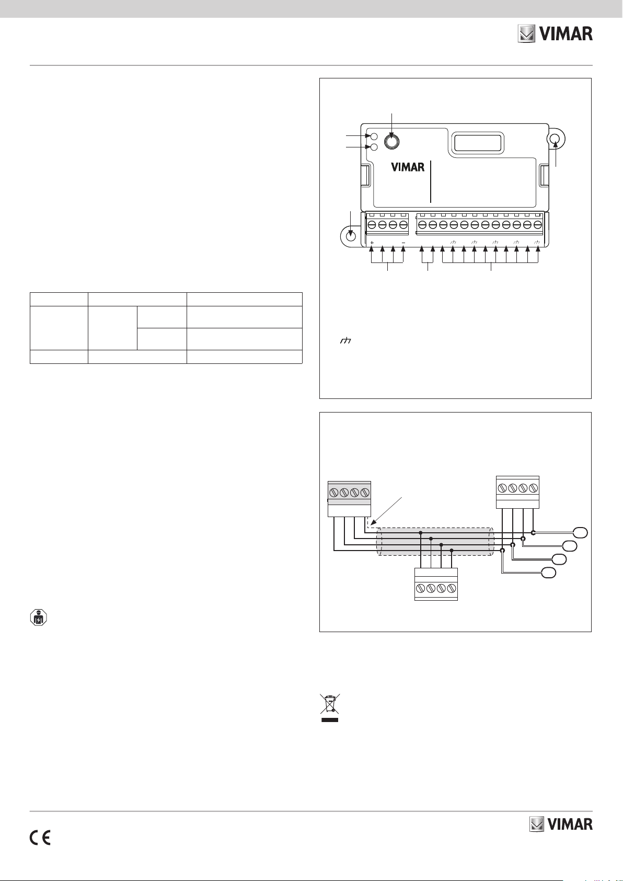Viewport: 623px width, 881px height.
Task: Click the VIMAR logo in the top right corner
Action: [x=555, y=35]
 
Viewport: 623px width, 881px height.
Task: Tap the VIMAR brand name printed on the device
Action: [x=408, y=168]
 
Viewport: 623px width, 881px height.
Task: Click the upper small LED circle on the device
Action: [x=374, y=136]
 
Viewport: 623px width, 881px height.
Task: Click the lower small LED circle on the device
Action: [x=374, y=147]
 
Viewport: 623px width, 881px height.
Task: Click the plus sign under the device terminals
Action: [x=372, y=243]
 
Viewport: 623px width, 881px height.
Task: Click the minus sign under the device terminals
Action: [x=403, y=243]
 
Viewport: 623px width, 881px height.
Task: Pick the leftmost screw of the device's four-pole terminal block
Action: [x=372, y=225]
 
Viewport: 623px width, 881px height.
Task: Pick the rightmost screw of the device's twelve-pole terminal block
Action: [x=538, y=225]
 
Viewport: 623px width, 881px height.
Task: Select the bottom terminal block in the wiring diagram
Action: [x=436, y=584]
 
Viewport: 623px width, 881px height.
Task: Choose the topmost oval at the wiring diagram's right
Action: [x=580, y=533]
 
